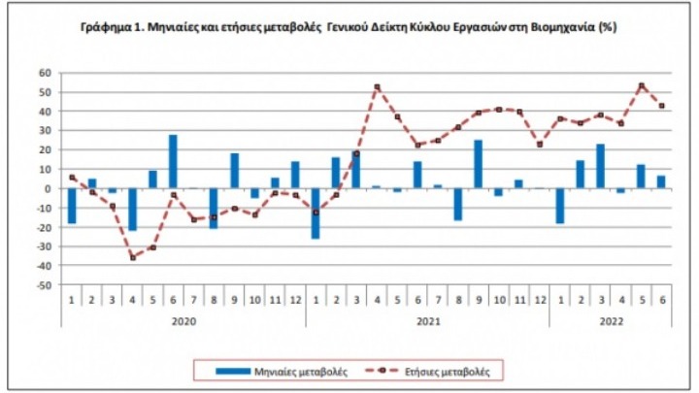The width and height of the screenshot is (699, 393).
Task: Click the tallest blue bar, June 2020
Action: (173, 161)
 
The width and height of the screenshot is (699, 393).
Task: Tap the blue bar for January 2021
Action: (316, 213)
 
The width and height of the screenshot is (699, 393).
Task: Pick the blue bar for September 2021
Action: (479, 164)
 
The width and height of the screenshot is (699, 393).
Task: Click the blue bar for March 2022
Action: (601, 166)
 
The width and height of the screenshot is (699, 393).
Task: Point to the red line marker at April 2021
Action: (377, 87)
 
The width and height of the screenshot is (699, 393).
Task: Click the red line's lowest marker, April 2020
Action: (132, 257)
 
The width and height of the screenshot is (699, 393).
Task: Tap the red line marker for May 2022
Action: (642, 85)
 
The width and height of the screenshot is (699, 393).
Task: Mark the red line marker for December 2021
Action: (540, 144)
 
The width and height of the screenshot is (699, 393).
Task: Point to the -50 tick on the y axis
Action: (43, 285)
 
